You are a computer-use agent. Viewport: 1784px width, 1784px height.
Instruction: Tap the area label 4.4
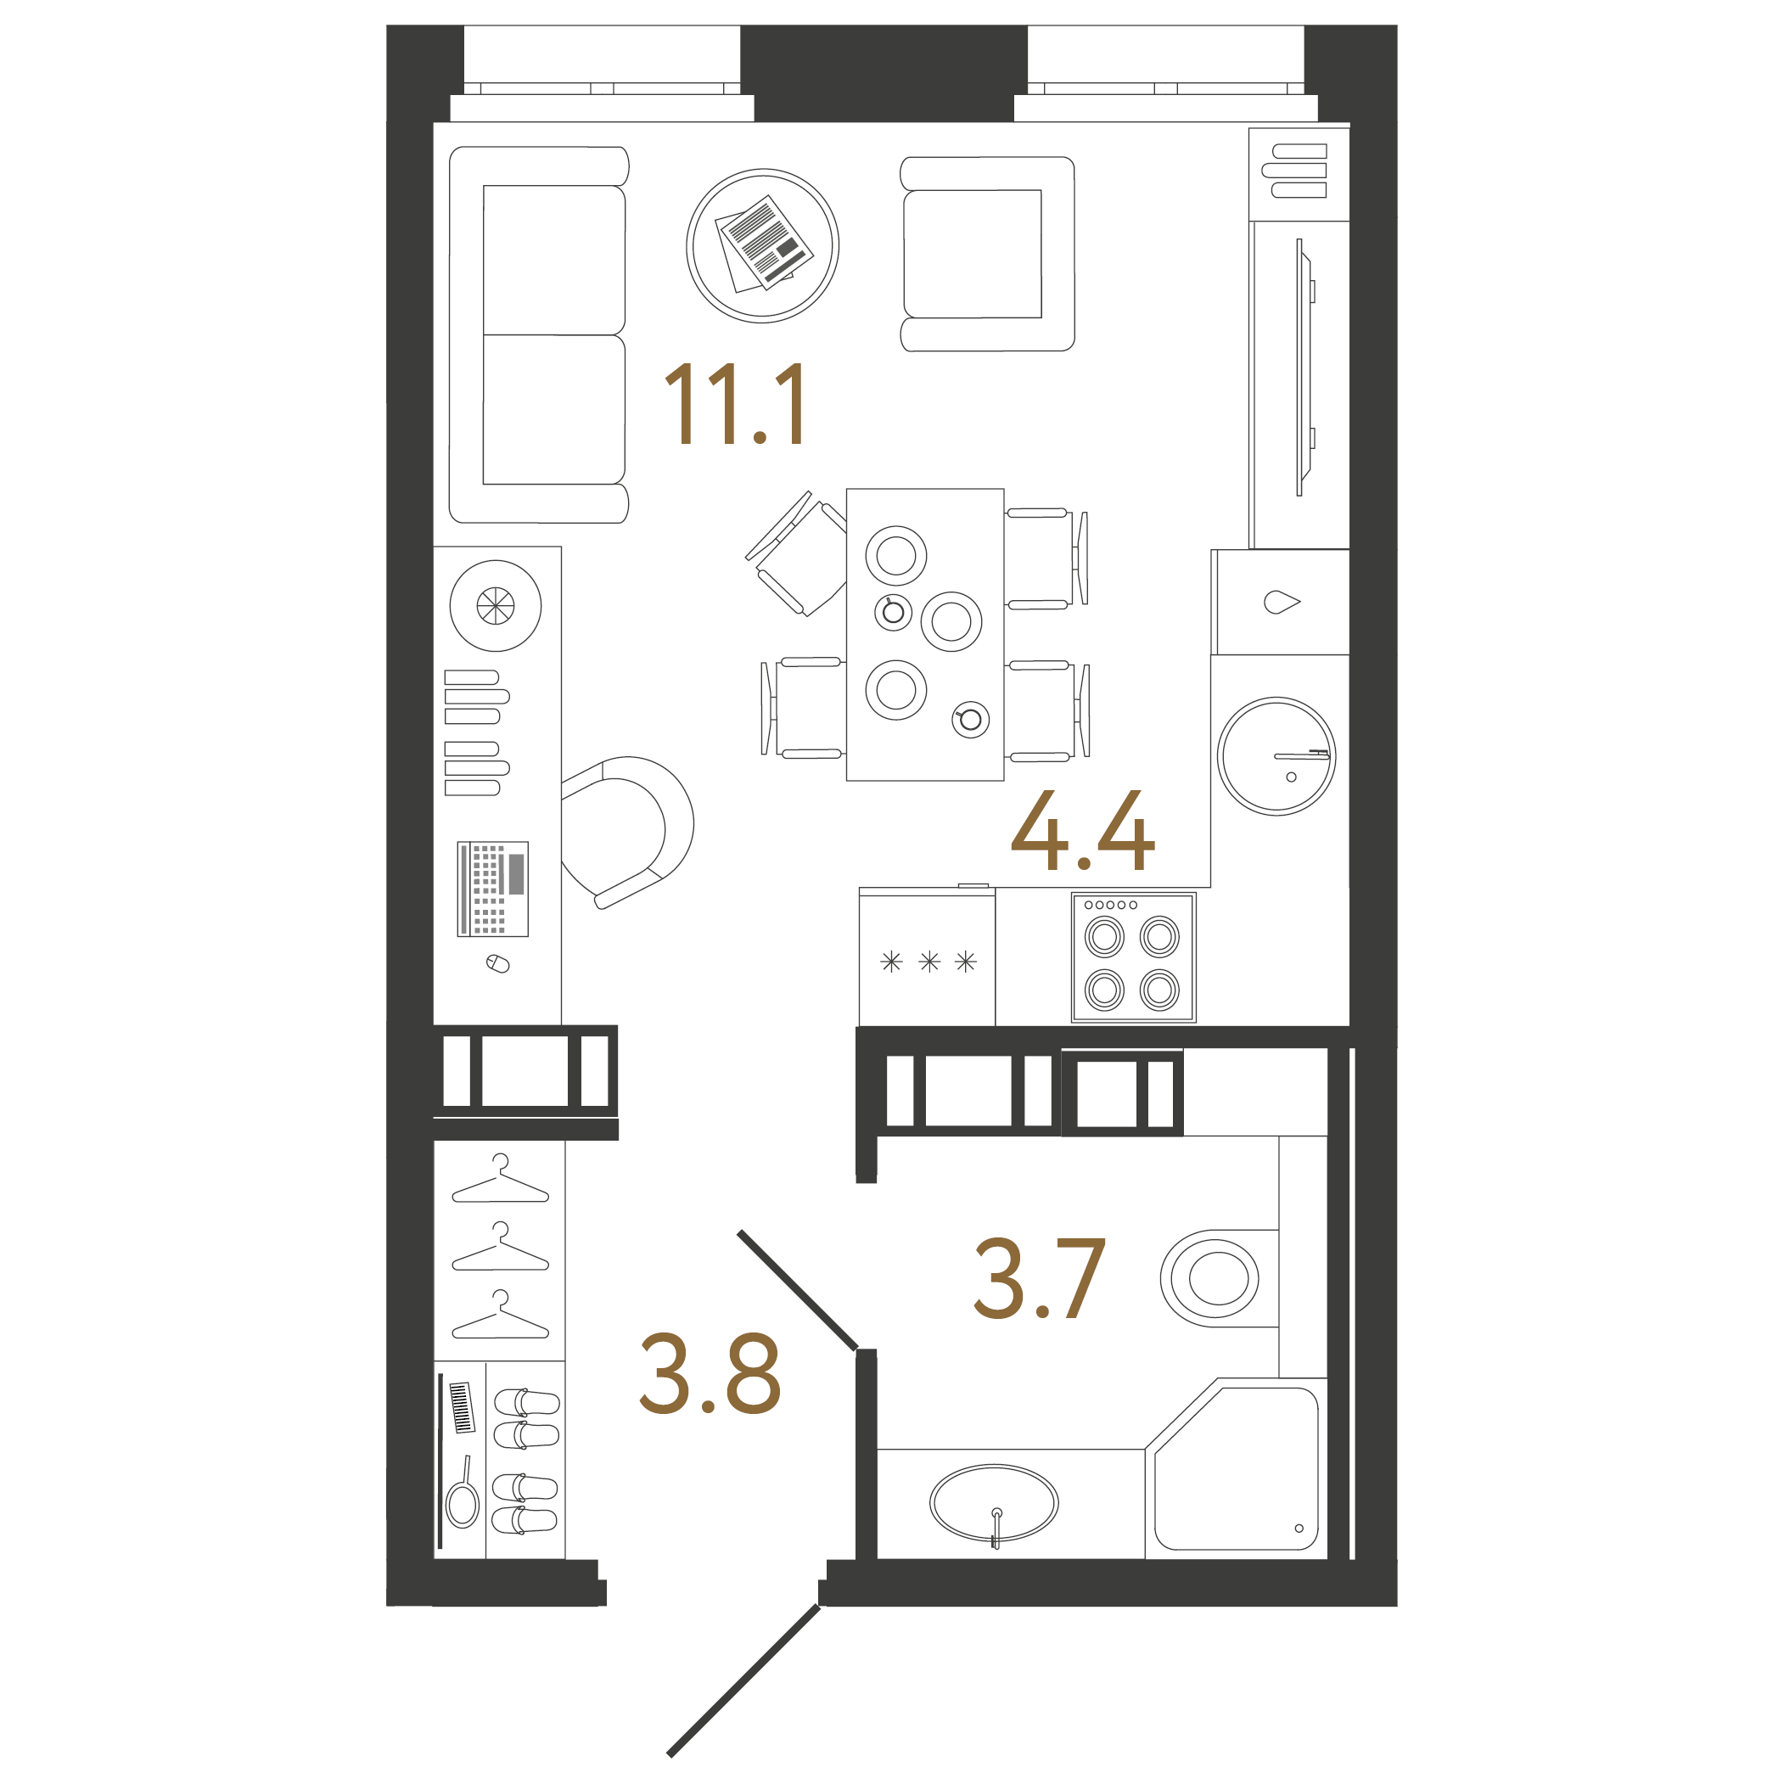click(x=1082, y=831)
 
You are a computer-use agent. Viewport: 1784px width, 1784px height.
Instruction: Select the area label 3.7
click(x=1039, y=1279)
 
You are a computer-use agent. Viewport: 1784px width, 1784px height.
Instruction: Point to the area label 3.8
click(x=710, y=1374)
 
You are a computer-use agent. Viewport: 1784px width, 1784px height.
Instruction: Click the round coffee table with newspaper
click(x=763, y=245)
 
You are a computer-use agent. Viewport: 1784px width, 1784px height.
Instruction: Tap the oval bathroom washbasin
click(x=994, y=1503)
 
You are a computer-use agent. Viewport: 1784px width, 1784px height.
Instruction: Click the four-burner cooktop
click(x=1133, y=957)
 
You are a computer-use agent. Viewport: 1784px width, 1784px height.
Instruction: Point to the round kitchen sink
click(x=1276, y=755)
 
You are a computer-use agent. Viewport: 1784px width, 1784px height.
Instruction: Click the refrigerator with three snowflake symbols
click(x=927, y=961)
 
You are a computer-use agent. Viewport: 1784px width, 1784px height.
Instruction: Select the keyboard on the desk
click(x=493, y=889)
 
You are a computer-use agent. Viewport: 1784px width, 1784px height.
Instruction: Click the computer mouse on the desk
click(x=497, y=964)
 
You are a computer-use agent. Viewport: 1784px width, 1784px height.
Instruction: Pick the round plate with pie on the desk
click(x=495, y=606)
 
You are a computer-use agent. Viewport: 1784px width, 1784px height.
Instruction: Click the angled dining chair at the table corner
click(x=796, y=555)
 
